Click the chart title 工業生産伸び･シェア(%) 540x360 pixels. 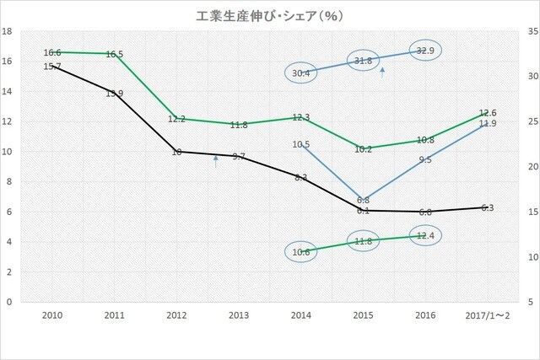pos(269,14)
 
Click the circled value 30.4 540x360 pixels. pos(300,73)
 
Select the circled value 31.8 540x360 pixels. pos(364,61)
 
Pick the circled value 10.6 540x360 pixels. pos(300,251)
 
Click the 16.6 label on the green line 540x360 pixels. pos(53,52)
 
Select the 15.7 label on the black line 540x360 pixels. pos(53,66)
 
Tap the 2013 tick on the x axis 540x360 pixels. pos(240,314)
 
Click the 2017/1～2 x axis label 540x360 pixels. pos(486,314)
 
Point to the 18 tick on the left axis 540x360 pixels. pos(8,31)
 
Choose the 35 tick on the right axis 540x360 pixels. pos(531,31)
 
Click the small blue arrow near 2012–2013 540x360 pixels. pos(217,161)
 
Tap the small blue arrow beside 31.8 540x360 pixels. pos(383,73)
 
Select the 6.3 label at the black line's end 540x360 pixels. pos(487,207)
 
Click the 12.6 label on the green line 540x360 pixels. pos(487,113)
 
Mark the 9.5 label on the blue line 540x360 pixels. pos(425,159)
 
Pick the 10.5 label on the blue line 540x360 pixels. pos(301,144)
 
